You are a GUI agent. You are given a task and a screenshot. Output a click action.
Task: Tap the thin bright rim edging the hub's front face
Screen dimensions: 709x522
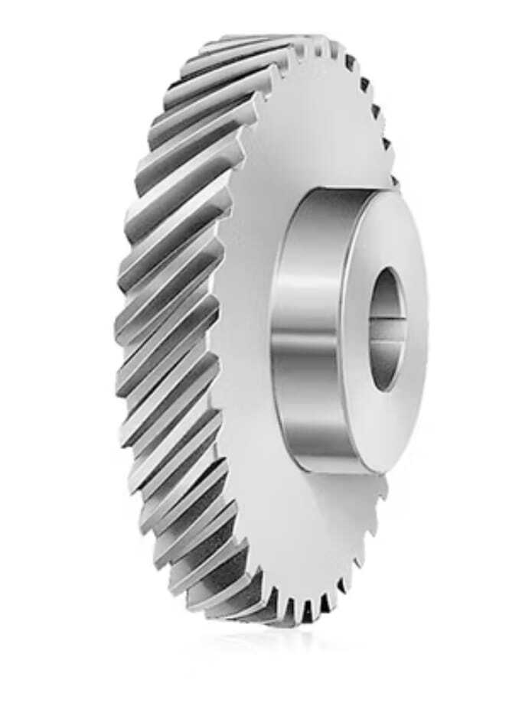pyautogui.click(x=344, y=329)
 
